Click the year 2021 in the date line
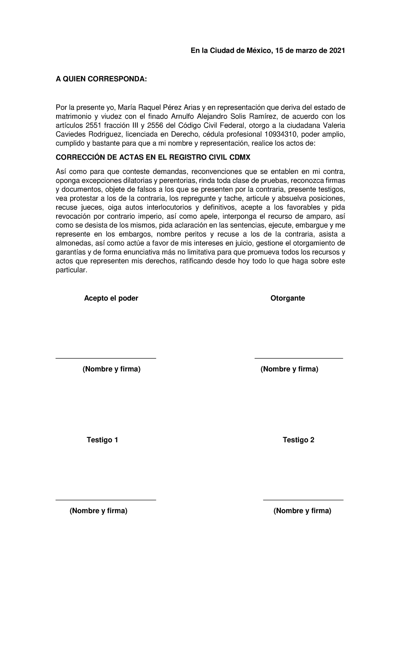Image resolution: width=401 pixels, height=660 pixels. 337,51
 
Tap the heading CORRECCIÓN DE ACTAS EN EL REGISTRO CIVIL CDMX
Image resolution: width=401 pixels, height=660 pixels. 153,158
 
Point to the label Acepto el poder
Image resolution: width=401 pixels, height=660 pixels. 111,298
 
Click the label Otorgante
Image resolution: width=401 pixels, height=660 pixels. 287,298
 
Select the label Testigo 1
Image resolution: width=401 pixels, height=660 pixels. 102,440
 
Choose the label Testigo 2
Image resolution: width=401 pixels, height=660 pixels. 298,440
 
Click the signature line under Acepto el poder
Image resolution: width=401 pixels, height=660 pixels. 106,359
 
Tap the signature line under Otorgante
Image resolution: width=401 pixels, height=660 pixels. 298,359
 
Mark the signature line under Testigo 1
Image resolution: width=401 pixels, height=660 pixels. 106,500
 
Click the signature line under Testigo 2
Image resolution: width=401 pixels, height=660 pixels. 303,500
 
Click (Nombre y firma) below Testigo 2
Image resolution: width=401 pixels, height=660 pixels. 302,511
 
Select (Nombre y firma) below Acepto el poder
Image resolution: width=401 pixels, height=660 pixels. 111,369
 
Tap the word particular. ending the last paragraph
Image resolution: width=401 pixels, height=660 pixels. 71,270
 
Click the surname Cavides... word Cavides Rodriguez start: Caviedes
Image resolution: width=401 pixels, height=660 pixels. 71,135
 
